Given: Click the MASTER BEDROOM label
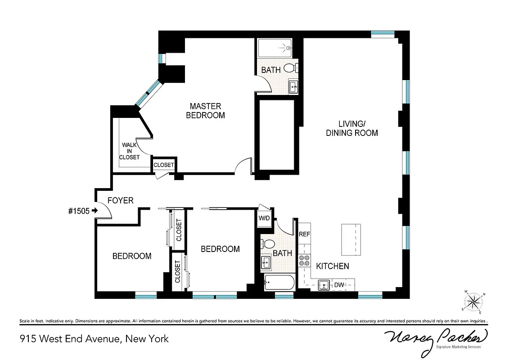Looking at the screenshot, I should tap(205, 111).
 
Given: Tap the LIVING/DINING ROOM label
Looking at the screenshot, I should tap(351, 128).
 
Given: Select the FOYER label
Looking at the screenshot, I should tap(120, 200).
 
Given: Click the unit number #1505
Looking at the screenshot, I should tap(78, 211).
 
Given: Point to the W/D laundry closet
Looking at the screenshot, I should tap(264, 218).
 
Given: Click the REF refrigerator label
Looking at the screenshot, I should tap(305, 234).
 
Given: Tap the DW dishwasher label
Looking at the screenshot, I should tap(339, 284).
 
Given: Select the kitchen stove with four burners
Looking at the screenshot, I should tap(305, 261).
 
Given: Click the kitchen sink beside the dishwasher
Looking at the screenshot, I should tap(324, 284).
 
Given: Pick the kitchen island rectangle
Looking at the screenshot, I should tap(351, 238).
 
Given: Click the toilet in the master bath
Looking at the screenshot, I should tap(290, 68).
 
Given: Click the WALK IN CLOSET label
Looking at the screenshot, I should tap(129, 151).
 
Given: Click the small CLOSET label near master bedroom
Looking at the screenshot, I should tap(163, 165).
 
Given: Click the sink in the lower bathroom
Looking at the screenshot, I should tap(266, 262).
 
